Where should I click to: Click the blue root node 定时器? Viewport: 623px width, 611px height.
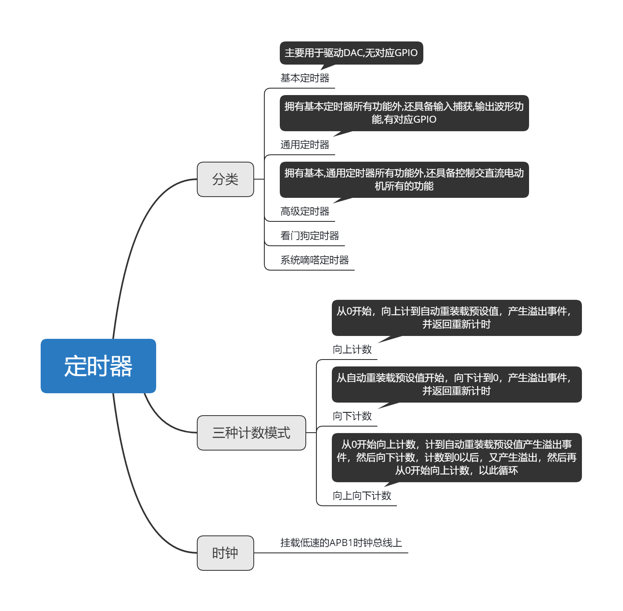(x=98, y=366)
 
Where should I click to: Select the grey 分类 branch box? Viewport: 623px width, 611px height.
(x=225, y=179)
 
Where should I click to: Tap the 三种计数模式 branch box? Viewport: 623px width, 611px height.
(x=251, y=433)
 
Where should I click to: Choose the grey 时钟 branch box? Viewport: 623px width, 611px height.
(x=225, y=553)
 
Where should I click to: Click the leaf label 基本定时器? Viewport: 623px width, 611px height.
(x=305, y=78)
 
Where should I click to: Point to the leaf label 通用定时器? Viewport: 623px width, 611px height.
(x=305, y=145)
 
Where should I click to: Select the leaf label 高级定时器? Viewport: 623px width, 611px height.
(x=305, y=211)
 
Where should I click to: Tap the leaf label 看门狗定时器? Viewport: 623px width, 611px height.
(x=309, y=236)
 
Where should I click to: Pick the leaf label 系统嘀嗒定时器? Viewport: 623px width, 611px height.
(x=314, y=260)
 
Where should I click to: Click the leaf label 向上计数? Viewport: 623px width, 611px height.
(x=352, y=349)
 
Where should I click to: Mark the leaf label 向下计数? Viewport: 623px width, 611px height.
(x=352, y=416)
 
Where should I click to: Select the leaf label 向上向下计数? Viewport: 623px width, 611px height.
(x=362, y=496)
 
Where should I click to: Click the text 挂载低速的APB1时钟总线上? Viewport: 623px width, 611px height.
(x=341, y=543)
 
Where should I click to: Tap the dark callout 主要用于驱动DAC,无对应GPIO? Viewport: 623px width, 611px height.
(x=351, y=53)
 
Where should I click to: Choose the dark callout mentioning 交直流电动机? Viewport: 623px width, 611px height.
(x=404, y=180)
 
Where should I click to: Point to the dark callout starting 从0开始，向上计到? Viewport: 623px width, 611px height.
(x=457, y=318)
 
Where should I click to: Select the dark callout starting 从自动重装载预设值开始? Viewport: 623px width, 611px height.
(x=457, y=384)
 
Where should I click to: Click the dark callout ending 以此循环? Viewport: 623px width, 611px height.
(x=457, y=457)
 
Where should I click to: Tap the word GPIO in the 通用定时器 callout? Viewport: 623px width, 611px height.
(x=425, y=119)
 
